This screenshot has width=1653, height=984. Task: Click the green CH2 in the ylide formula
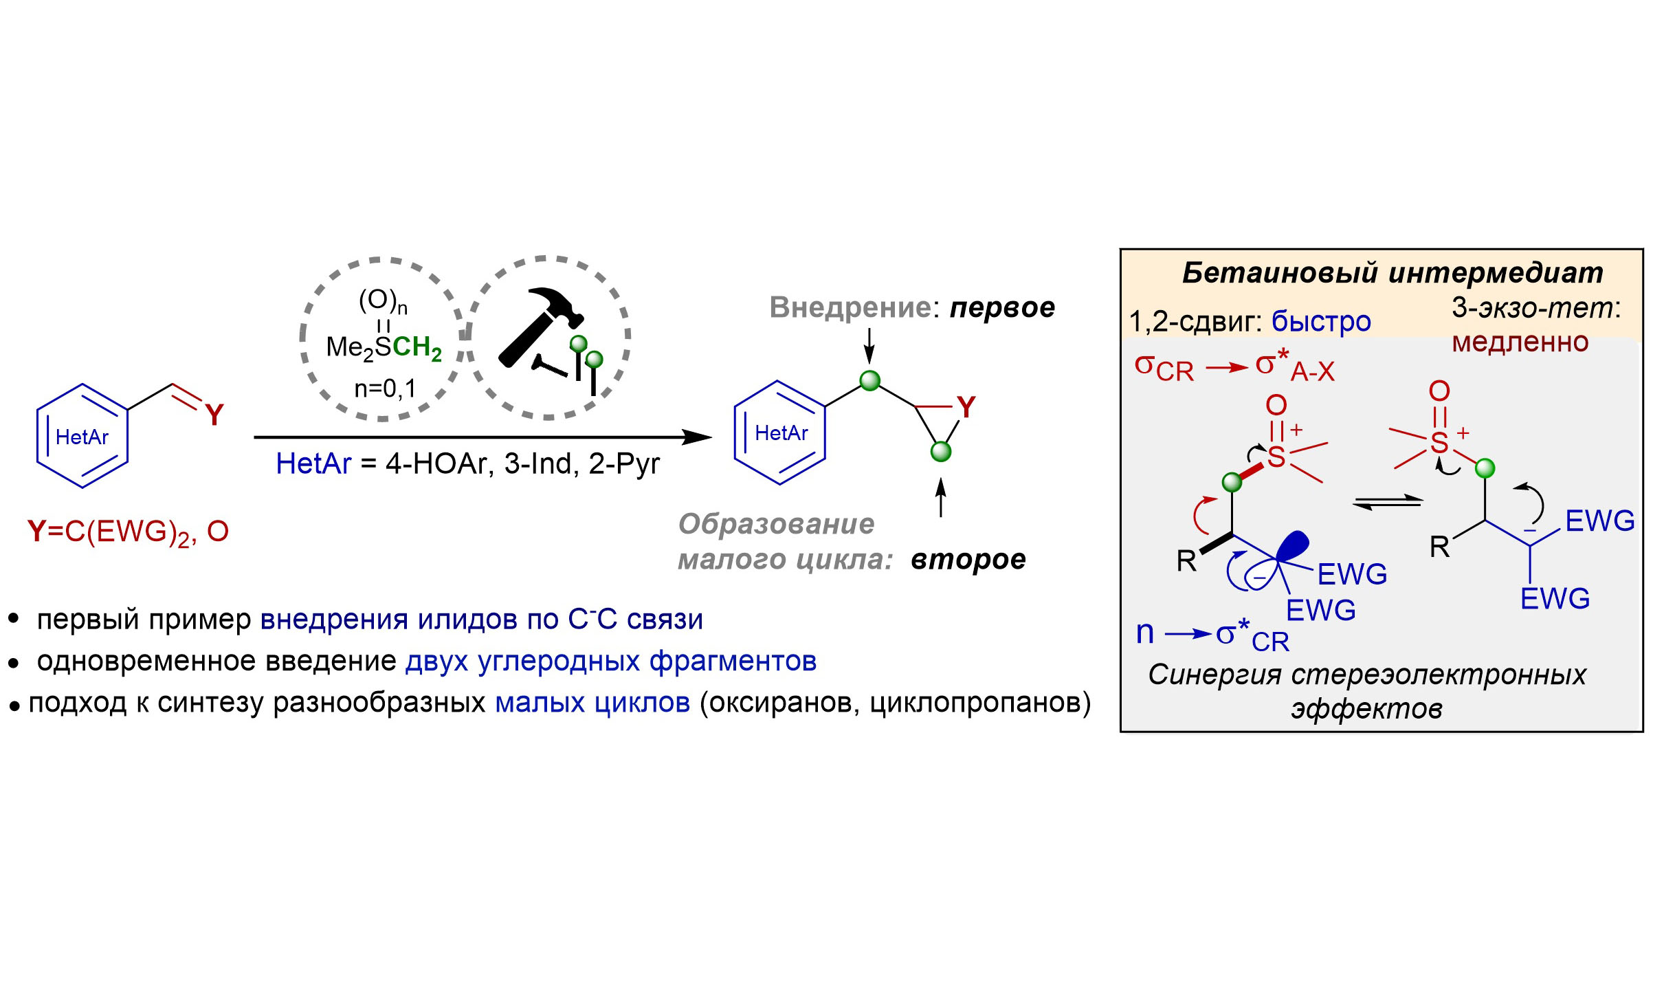pos(417,348)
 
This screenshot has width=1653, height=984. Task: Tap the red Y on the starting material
pos(214,415)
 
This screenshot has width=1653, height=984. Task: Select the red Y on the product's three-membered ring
pos(966,408)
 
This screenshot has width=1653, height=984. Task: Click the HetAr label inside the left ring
pos(82,437)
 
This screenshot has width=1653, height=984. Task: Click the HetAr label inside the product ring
pos(781,433)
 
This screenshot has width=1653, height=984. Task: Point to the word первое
pos(1002,307)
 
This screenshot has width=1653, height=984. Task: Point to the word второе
pos(968,560)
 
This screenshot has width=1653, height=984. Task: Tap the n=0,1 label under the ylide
pos(385,389)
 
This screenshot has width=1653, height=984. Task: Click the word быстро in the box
pos(1320,321)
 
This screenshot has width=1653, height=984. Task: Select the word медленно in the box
pos(1520,342)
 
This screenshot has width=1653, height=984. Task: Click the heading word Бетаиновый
pos(1279,273)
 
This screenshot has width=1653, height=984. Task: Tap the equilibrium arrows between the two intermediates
pos(1387,503)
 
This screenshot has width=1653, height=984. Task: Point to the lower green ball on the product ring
pos(940,452)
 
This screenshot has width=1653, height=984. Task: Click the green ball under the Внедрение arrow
pos(869,380)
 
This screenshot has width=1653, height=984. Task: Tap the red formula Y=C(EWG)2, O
pos(128,532)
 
